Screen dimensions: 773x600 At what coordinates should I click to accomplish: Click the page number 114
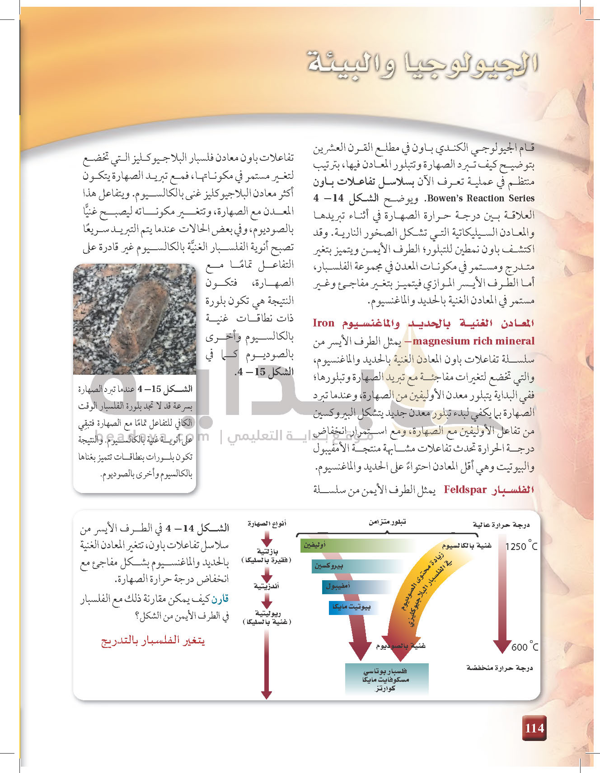pyautogui.click(x=534, y=728)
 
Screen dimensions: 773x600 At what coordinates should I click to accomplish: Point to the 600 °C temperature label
pyautogui.click(x=525, y=647)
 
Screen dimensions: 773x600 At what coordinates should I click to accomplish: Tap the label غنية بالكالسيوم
pyautogui.click(x=466, y=546)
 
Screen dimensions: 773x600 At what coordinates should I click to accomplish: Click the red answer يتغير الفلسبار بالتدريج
pyautogui.click(x=153, y=641)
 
